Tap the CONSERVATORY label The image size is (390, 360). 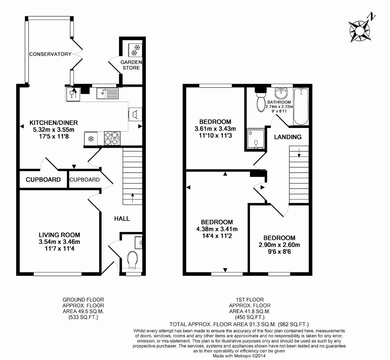50,54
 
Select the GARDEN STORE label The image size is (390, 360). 131,65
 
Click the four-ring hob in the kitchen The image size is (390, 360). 112,138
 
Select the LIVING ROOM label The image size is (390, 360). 59,235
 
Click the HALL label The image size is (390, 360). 122,219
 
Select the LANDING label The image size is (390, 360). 288,137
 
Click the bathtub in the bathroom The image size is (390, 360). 301,106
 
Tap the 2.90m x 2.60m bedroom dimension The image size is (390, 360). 279,245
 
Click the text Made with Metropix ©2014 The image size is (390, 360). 239,356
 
